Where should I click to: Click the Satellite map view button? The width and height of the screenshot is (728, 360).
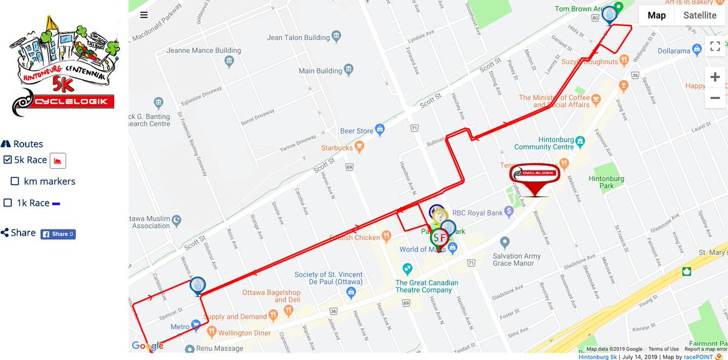(699, 16)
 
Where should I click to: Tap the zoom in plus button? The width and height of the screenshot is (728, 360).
(715, 77)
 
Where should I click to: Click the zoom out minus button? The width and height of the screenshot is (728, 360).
(715, 98)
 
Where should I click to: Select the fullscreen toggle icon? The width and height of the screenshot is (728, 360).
(715, 46)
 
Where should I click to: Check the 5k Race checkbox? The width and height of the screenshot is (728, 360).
(7, 160)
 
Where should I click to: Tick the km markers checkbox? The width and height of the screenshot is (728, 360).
(15, 182)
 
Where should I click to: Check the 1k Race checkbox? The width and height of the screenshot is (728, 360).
(7, 203)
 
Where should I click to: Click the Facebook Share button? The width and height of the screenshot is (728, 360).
(58, 234)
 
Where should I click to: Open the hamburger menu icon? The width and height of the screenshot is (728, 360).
(143, 15)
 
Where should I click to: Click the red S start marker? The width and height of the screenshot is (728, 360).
(437, 237)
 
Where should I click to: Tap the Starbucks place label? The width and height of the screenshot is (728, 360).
(337, 148)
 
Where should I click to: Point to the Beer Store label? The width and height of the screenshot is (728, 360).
(357, 131)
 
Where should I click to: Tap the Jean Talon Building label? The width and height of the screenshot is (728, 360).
(298, 38)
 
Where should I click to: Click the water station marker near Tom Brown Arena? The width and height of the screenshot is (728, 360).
(609, 13)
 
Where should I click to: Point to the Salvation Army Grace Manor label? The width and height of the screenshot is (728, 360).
(517, 260)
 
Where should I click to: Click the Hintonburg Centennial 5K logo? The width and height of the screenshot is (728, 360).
(63, 67)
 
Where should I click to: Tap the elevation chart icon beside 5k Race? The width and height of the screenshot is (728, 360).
(58, 160)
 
